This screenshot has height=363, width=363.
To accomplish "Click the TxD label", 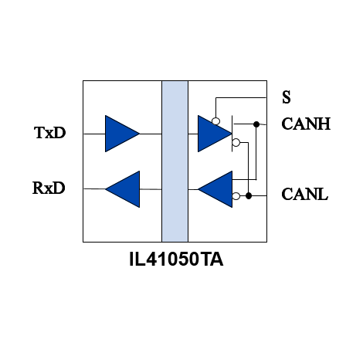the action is (49, 133).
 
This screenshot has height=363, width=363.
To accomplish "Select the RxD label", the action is (49, 188).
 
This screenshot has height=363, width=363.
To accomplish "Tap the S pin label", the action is (287, 97).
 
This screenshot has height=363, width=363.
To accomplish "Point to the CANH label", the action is (306, 124).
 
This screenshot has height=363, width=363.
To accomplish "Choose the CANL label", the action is (305, 194).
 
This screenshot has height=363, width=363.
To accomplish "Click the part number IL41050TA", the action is (176, 260).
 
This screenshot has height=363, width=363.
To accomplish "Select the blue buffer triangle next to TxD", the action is (122, 134).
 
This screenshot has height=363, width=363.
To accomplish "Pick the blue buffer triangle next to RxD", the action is (123, 189).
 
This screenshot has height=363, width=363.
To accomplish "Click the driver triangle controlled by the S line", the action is (215, 134).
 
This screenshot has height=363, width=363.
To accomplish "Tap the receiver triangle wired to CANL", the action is (215, 189).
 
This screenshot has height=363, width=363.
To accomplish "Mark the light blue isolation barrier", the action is (175, 161).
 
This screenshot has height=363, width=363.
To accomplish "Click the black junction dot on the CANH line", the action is (256, 124).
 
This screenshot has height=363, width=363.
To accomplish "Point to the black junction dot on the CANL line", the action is (249, 196).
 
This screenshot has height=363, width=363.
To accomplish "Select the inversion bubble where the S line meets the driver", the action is (215, 121).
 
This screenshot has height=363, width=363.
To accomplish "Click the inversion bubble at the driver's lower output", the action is (236, 142).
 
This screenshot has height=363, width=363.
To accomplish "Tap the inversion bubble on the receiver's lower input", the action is (236, 196).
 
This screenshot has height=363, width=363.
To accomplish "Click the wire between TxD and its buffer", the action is (94, 134).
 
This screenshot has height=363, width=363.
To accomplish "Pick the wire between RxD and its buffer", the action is (94, 189).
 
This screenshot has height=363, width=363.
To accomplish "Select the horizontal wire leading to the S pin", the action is (241, 97).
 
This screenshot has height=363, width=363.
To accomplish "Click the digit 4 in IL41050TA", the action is (152, 260).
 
